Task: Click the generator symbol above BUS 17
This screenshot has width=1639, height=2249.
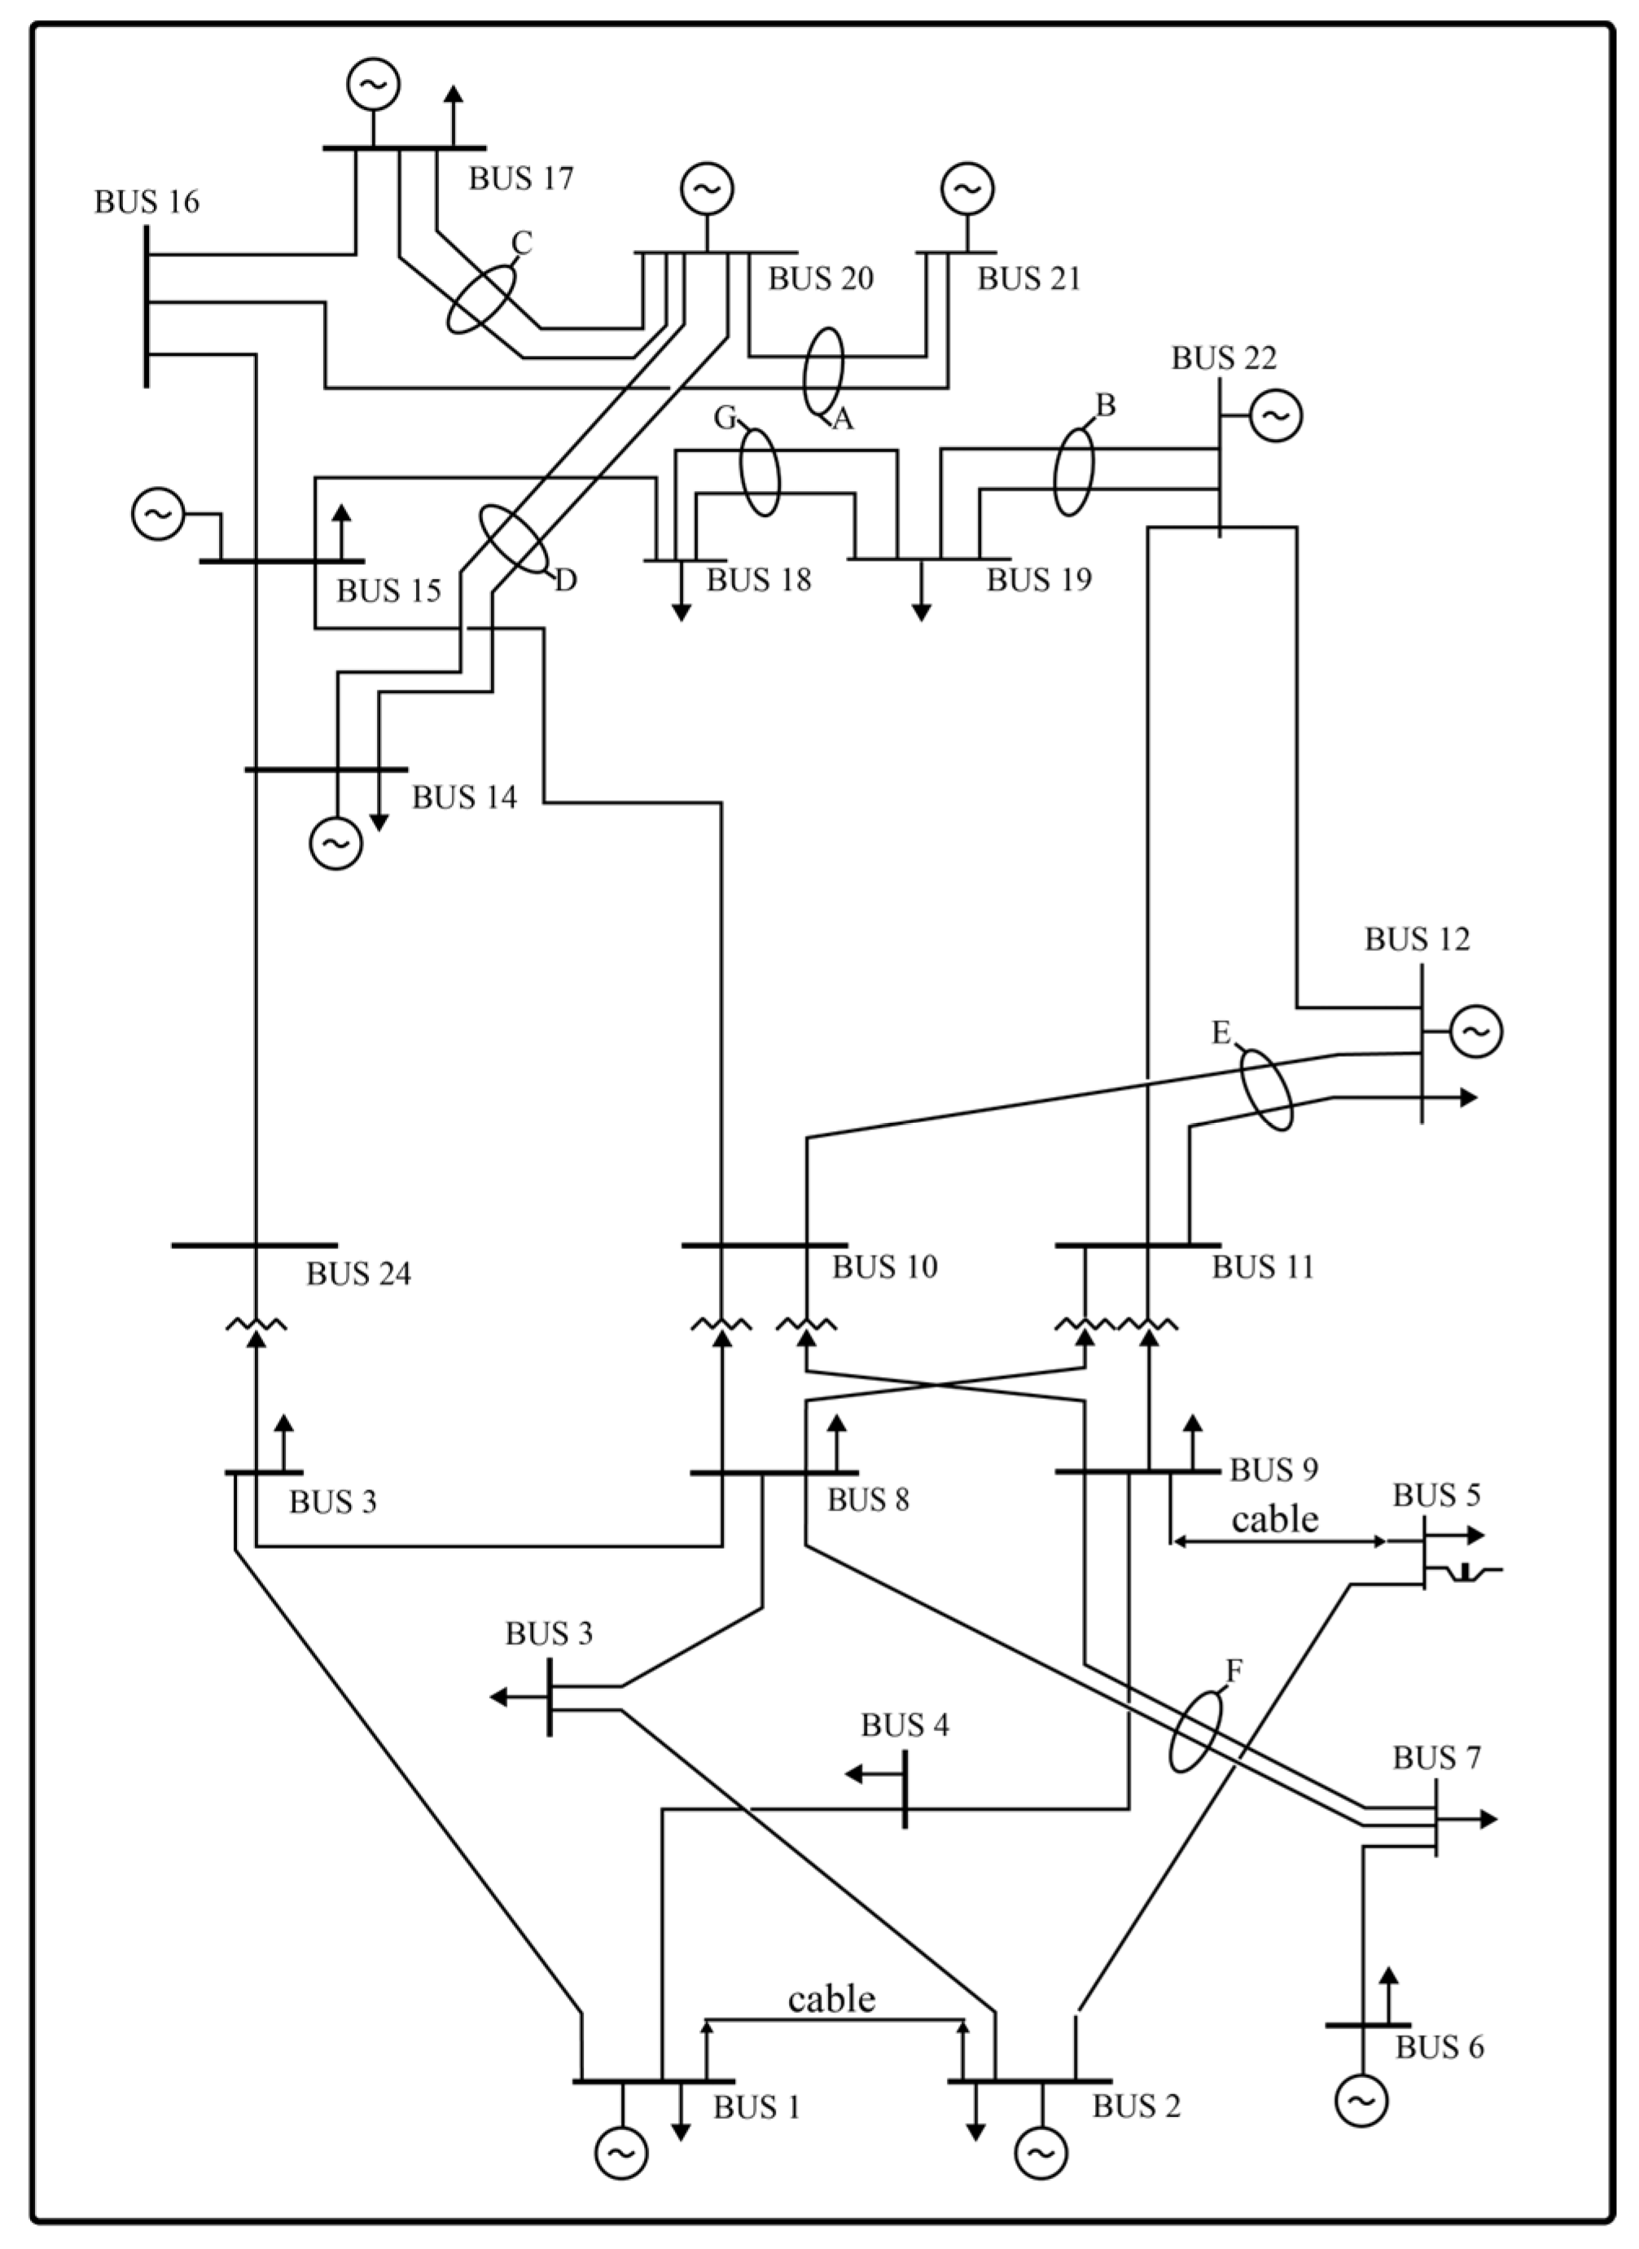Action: coord(373,85)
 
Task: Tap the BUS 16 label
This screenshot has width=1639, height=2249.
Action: coord(147,203)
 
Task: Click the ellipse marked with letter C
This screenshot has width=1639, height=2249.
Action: coord(481,298)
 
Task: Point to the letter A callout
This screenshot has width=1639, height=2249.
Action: coord(841,421)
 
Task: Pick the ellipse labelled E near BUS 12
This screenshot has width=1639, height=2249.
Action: coord(1267,1090)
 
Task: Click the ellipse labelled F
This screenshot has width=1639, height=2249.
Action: coord(1194,1731)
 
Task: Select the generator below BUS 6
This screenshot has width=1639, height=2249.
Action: coord(1361,2100)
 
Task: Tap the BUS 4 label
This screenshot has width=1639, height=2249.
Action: coord(904,1725)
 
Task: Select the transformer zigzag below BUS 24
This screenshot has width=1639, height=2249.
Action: coord(256,1324)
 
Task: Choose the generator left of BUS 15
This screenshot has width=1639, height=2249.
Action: coord(158,514)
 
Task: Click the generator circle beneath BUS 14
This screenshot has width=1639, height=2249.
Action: coord(336,844)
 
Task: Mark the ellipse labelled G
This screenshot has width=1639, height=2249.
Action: coord(760,472)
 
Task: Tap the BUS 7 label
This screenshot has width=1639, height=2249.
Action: coord(1435,1759)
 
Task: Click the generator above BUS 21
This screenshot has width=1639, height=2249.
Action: coord(967,188)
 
